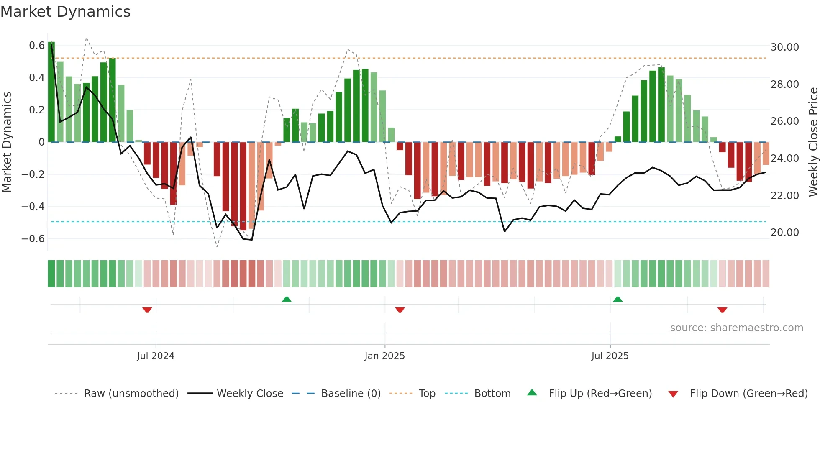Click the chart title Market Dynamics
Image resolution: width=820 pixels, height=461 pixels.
[x=65, y=12]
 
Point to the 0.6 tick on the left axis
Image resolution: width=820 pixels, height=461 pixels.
[x=36, y=45]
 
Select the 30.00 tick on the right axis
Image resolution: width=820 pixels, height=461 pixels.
[x=784, y=47]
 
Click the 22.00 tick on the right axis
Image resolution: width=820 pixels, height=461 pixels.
[x=784, y=195]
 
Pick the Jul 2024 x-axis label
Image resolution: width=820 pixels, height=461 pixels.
[x=155, y=356]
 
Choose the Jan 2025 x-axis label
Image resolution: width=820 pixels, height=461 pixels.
[x=384, y=356]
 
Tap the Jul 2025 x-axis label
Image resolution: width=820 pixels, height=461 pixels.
[x=610, y=356]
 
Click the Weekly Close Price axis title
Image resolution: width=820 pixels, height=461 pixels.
[x=813, y=142]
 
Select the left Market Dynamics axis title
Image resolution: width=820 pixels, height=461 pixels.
[x=7, y=142]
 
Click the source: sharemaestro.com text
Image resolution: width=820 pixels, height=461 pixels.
[x=736, y=328]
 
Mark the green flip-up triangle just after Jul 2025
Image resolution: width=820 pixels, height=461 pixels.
[x=618, y=299]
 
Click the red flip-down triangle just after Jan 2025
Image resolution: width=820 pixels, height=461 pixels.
[x=400, y=310]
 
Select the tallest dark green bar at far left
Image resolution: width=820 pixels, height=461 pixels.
[x=51, y=92]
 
